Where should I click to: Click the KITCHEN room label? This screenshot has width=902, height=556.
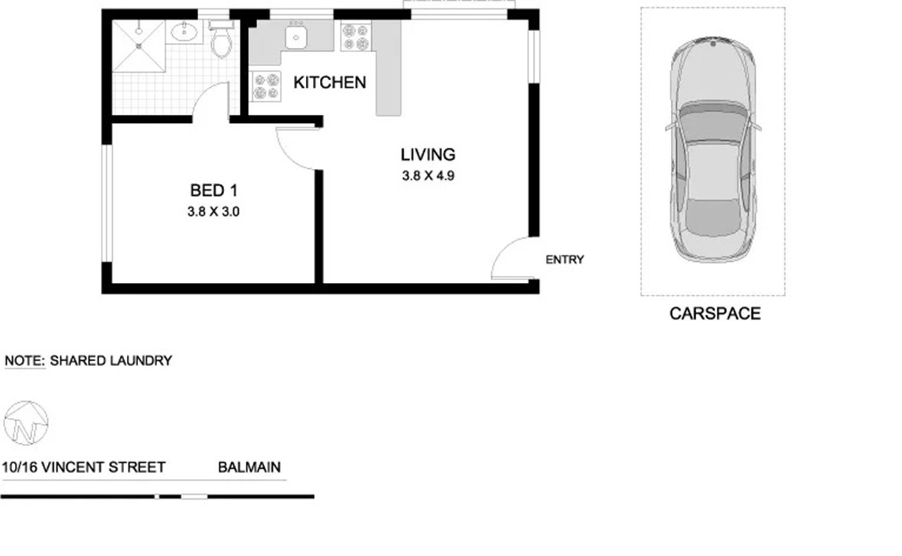[330, 82]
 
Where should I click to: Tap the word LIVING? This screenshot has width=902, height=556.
[428, 155]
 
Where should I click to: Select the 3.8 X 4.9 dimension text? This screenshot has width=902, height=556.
[428, 176]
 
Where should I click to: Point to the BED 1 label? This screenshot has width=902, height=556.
[214, 191]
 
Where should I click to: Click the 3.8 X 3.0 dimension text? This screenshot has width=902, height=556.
[214, 212]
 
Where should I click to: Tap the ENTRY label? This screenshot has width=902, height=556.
[564, 260]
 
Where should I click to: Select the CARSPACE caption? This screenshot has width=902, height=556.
[715, 314]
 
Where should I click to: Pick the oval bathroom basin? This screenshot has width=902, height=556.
[184, 32]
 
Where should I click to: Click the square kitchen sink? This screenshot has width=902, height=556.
[296, 37]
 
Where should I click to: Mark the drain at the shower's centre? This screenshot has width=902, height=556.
[139, 46]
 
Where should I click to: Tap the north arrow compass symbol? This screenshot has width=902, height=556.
[26, 423]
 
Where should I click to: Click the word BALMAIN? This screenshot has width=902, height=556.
[249, 467]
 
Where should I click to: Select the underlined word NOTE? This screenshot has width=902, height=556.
[25, 361]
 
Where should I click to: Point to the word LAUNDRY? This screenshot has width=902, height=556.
[141, 361]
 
